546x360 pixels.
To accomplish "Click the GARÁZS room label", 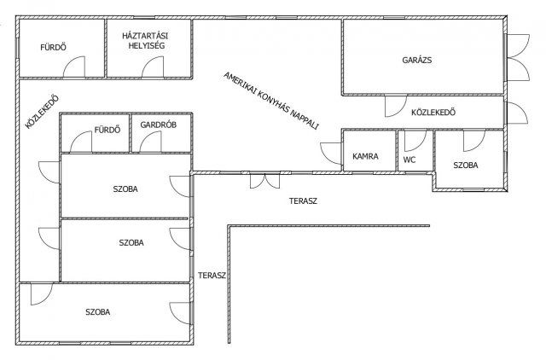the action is coord(417,60).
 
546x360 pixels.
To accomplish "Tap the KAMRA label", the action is coord(365,156).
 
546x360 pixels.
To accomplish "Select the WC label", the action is coord(409,160).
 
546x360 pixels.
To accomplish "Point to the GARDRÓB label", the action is coord(159,125).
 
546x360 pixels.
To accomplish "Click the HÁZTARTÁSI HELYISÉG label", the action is coord(145,40).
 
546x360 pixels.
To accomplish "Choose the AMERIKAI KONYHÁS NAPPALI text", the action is coord(271,101).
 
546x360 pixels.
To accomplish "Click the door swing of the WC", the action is coord(415,140).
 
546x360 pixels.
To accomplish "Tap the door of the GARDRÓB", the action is coord(150,142).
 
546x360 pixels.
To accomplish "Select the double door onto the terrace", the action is coord(264,181).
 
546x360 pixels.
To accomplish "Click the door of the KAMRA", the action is coord(331,154).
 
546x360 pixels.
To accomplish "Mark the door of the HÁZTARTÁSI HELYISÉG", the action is coord(153,67).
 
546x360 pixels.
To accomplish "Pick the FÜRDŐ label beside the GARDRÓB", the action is coord(107,130).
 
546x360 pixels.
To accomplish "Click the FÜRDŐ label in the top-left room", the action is coord(53,48).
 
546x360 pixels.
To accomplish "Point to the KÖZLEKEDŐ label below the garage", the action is coord(433,113).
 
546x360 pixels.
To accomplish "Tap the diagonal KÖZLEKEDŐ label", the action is coord(42,112).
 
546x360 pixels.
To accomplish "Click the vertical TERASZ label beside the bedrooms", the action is coord(212,276).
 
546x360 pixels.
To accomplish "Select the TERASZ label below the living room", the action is coord(303,200).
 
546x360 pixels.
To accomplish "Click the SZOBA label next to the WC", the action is coord(466,165).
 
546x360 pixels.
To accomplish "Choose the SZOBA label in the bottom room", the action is coord(98,312).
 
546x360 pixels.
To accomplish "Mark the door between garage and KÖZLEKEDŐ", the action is coord(396,106).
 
